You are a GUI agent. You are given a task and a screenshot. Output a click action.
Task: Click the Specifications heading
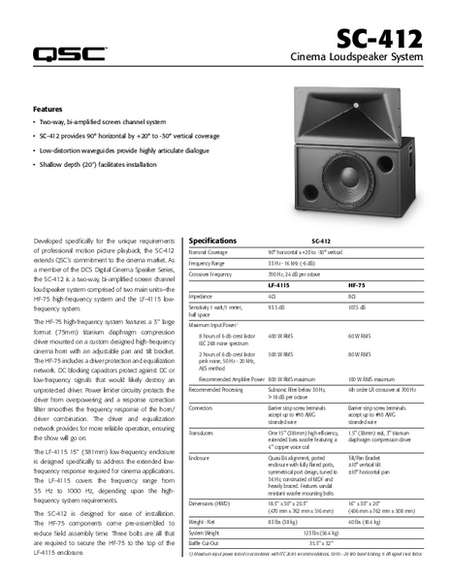(x=213, y=240)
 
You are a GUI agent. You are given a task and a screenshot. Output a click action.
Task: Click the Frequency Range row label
(x=212, y=263)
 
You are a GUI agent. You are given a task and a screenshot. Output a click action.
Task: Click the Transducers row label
(x=207, y=434)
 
